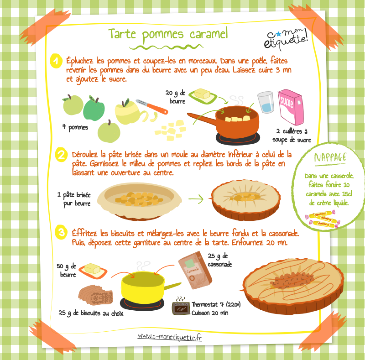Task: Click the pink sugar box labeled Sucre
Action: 291,107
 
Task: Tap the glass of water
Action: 266,103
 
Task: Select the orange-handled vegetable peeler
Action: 151,107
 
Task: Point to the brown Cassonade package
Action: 195,270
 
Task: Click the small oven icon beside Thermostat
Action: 181,308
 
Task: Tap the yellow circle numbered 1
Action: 56,61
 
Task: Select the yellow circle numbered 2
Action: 61,154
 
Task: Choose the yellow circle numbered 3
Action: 61,232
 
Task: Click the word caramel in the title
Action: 209,33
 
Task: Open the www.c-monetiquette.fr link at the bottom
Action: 169,337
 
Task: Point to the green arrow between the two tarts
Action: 196,199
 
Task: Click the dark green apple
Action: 94,108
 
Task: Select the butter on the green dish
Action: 202,94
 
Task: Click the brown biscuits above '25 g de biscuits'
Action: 96,295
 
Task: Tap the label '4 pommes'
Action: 75,128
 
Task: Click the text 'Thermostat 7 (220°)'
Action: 216,305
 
